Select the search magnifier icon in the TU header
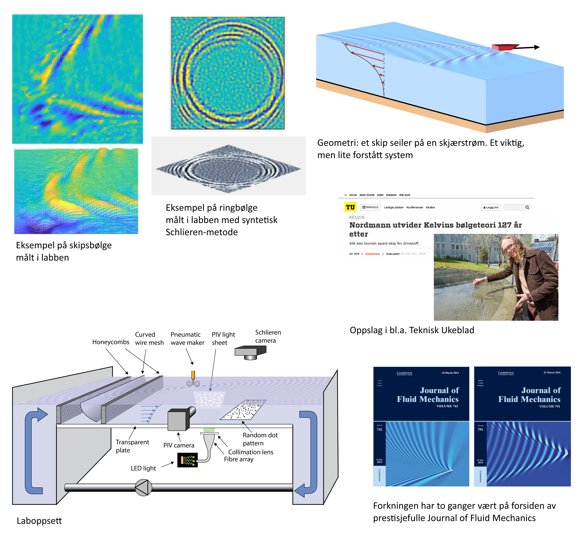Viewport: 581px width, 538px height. click(527, 207)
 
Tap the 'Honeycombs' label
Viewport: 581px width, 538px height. click(111, 342)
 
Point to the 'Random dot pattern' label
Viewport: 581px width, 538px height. click(260, 439)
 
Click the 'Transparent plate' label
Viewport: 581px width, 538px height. click(132, 446)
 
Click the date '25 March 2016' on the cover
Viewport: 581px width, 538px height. click(552, 372)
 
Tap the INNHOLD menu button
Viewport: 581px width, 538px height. click(370, 207)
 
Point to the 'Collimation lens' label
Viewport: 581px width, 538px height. click(251, 452)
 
